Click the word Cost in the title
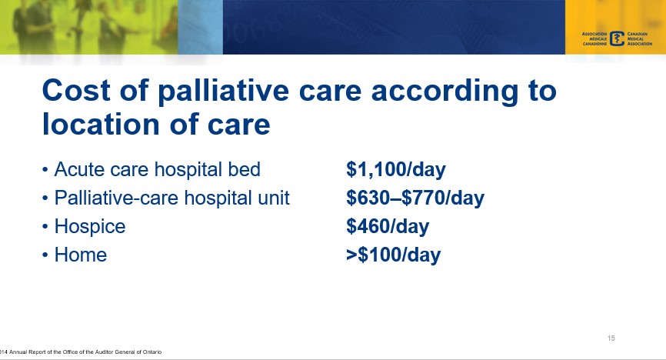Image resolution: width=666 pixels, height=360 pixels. click(x=78, y=92)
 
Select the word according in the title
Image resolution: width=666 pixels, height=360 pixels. click(x=454, y=92)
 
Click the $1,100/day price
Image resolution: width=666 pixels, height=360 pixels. click(x=396, y=169)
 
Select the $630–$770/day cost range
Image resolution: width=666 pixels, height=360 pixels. click(x=415, y=198)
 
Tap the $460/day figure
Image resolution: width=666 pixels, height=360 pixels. click(x=388, y=227)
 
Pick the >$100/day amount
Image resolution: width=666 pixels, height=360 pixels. click(x=393, y=255)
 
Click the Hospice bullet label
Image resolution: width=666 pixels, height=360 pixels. click(x=89, y=227)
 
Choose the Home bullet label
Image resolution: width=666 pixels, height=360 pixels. click(x=80, y=255)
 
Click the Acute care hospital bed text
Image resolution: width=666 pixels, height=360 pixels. click(x=158, y=169)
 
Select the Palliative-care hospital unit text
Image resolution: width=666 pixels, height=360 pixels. click(x=171, y=198)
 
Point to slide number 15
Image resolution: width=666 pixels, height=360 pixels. click(x=611, y=338)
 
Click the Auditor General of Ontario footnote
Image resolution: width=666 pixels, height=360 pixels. click(x=81, y=352)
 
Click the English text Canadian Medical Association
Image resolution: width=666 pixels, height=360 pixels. click(x=639, y=39)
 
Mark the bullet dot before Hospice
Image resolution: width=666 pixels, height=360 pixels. click(x=46, y=228)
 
